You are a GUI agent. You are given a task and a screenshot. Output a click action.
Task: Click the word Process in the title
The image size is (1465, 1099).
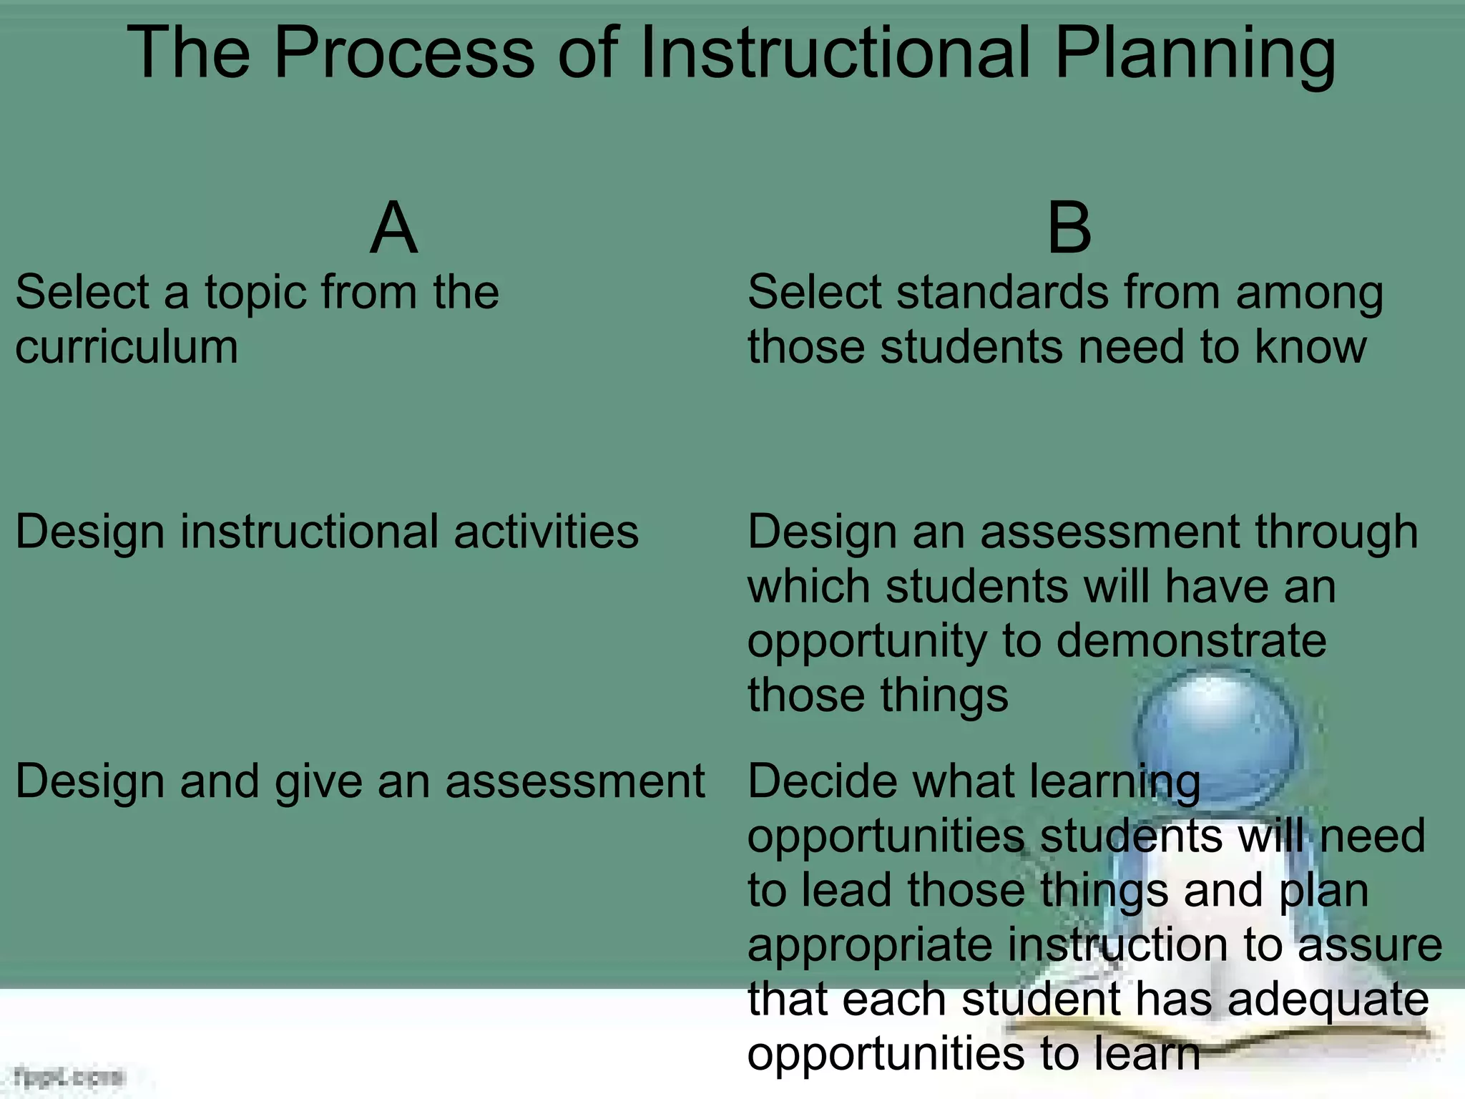tap(404, 54)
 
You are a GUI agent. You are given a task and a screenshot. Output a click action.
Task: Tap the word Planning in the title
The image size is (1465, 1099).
tap(1195, 54)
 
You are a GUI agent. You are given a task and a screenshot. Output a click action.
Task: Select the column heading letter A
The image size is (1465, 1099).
tap(393, 228)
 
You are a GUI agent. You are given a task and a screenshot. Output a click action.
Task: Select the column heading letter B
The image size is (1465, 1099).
tap(1069, 228)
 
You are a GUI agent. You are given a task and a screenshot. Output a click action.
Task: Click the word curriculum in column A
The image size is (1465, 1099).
tap(127, 348)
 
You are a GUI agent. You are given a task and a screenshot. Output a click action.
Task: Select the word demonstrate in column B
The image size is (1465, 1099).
tap(1191, 640)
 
